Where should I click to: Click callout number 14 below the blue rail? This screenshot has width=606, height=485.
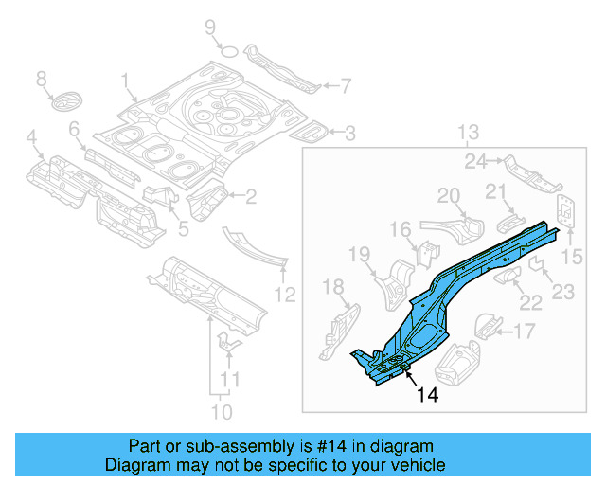coord(427,396)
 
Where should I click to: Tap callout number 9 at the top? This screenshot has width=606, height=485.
coord(210,27)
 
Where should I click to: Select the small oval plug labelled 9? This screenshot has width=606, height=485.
coord(227,48)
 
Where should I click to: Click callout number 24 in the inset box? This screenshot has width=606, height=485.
coord(475,161)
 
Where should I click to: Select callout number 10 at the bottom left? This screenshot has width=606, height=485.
coord(221,412)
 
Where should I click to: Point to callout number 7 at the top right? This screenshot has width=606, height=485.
coord(345,86)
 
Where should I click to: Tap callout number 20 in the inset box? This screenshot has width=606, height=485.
coord(448,196)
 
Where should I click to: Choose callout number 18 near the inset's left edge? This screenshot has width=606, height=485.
coord(332,287)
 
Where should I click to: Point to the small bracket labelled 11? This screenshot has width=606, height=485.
coord(227,343)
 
